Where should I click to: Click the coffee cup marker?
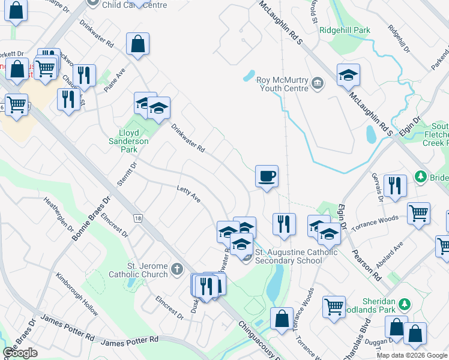point(267,176)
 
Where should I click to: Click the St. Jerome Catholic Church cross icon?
point(176,269)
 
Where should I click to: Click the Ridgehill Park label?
point(345,30)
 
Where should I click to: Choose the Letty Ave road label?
point(188,194)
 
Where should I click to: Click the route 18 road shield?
point(138,219)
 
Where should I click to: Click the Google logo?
point(20,353)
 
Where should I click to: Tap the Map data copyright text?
point(412,355)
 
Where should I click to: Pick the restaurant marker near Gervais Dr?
point(395,185)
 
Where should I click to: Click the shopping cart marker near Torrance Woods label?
point(418,212)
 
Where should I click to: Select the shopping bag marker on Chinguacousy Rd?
point(282,318)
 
